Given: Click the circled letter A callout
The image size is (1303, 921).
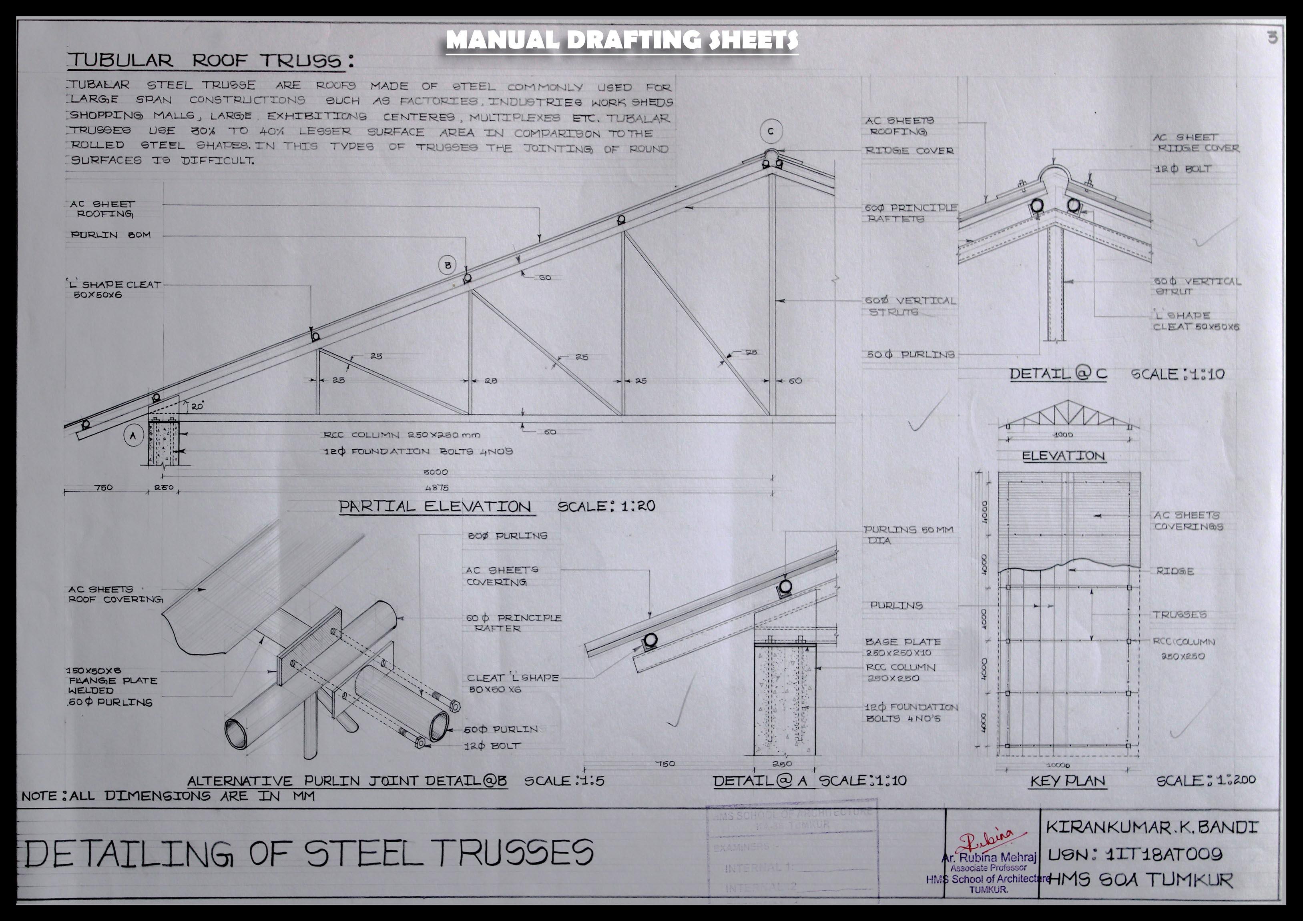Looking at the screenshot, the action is pos(133,436).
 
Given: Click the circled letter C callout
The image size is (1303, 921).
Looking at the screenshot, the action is pos(771,132).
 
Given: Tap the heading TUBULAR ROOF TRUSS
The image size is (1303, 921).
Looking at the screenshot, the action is pos(210,61).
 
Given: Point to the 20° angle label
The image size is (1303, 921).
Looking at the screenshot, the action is pos(197,406).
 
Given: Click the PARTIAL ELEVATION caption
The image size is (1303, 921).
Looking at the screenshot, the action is pos(435,507).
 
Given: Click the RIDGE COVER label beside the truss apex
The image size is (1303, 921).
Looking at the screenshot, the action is pos(909,151).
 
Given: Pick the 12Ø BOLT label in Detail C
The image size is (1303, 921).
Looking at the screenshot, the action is pos(1184,169).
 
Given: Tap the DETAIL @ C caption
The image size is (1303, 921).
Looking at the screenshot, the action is pos(1058,374).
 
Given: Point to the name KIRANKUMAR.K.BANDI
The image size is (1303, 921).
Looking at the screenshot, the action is pos(1151,827).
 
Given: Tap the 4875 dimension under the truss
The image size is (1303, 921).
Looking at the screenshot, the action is pos(436,487).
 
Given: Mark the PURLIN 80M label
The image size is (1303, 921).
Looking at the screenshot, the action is pos(110,235).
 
